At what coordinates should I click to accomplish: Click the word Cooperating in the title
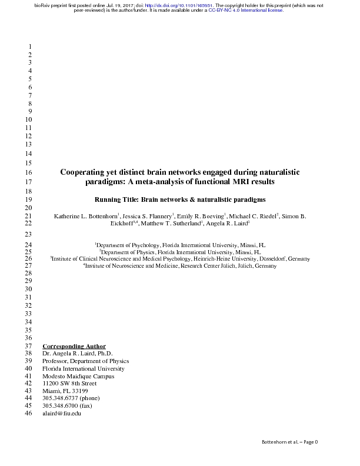pyautogui.click(x=85, y=172)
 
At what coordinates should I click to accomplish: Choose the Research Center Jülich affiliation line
pyautogui.click(x=180, y=266)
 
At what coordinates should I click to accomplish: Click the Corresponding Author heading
pyautogui.click(x=74, y=346)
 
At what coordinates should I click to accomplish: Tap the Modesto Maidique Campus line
pyautogui.click(x=78, y=377)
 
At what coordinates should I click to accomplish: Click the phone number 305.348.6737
pyautogui.click(x=60, y=399)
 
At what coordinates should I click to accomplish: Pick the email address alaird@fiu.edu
pyautogui.click(x=61, y=414)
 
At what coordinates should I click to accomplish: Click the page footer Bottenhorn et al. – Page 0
pyautogui.click(x=289, y=442)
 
